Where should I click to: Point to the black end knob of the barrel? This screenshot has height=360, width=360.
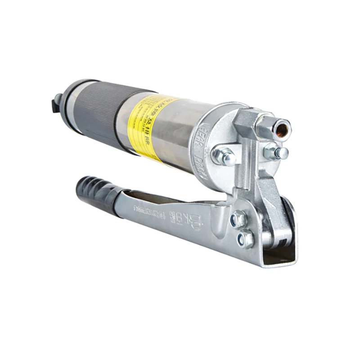55,104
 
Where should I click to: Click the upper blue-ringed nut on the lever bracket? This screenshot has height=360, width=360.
238,220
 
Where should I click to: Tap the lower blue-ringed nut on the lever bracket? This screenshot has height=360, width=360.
246,240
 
